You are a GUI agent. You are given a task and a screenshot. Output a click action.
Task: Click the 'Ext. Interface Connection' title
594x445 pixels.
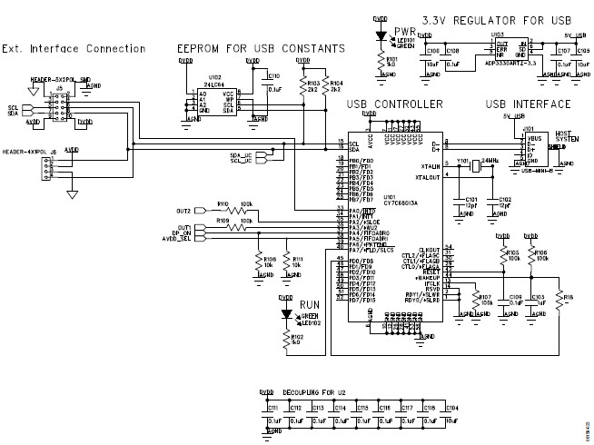pyautogui.click(x=73, y=48)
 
